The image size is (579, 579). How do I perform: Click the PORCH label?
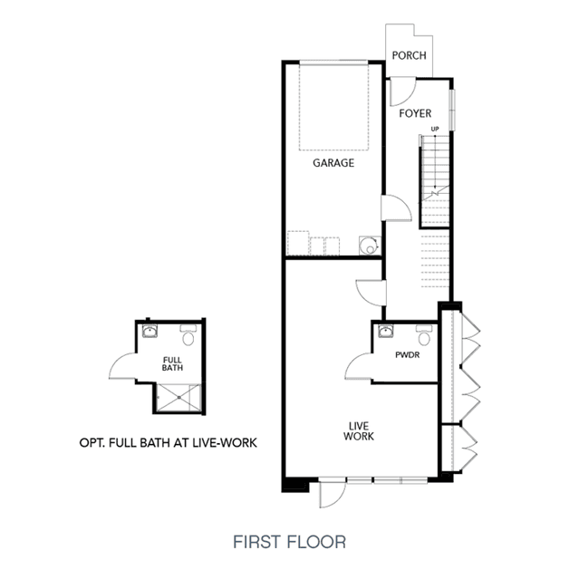point(409,55)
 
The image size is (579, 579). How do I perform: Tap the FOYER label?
point(415,113)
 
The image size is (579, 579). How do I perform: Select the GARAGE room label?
point(333,163)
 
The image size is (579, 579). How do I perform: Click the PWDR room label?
point(408,355)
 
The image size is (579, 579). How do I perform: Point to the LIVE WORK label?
point(359,431)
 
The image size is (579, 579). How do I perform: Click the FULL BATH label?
point(172,363)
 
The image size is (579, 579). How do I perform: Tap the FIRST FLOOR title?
point(290,542)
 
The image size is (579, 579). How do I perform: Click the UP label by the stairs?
point(435,130)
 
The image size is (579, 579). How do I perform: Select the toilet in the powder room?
point(424,335)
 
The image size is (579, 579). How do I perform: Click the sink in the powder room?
point(385,331)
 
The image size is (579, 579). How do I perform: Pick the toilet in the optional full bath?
point(188,335)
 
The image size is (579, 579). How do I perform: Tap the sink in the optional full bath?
point(150,331)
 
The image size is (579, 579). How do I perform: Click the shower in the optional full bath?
point(179,397)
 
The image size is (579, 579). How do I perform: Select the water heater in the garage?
point(370,246)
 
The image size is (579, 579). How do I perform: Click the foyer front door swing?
point(402,92)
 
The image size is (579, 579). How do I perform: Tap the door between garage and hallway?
point(396,207)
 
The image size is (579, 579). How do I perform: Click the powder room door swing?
point(358,366)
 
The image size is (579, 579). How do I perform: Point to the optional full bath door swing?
point(122,366)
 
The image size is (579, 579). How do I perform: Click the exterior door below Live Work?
point(333,493)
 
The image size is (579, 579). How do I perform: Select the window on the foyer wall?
point(452,110)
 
